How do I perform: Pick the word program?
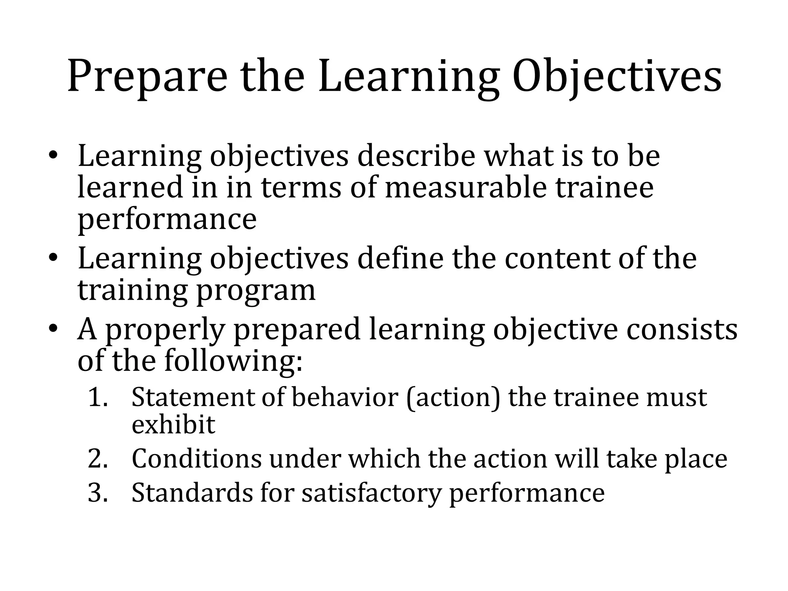255,290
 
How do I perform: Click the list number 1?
98,397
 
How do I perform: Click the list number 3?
98,493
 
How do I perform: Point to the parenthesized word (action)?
453,398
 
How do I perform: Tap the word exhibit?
173,424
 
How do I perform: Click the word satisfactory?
371,494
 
